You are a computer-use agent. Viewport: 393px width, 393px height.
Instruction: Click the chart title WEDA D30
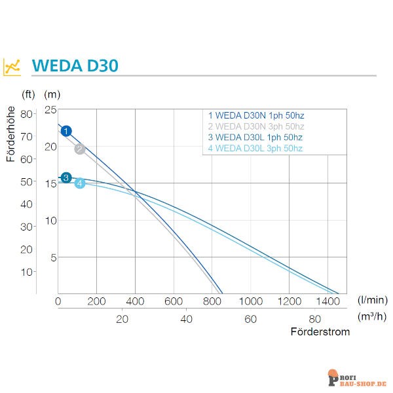click(x=75, y=66)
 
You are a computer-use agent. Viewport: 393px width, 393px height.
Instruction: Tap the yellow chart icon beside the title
click(x=12, y=67)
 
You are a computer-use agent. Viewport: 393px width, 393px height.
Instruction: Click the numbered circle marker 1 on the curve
click(x=66, y=131)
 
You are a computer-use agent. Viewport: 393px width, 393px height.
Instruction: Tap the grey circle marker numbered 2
click(x=80, y=149)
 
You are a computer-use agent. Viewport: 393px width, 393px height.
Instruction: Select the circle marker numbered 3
click(x=66, y=178)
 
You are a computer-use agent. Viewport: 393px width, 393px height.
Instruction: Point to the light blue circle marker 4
click(x=80, y=183)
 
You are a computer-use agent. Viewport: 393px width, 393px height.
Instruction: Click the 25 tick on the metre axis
click(x=50, y=109)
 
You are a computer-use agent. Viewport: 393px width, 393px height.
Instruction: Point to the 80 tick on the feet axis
click(x=27, y=113)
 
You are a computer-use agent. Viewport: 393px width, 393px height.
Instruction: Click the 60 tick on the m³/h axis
click(x=251, y=319)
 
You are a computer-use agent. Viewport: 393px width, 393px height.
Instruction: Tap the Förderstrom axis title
click(x=320, y=332)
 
